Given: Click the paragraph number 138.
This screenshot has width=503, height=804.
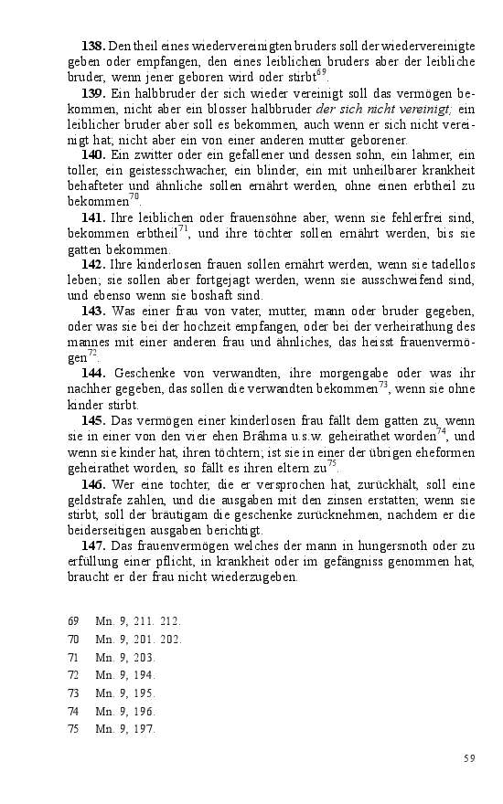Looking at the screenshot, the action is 93,46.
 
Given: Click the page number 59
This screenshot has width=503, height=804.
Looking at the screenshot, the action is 469,758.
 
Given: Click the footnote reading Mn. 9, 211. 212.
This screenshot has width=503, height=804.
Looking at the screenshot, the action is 138,621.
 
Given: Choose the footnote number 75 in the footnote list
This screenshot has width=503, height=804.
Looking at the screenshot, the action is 74,729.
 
